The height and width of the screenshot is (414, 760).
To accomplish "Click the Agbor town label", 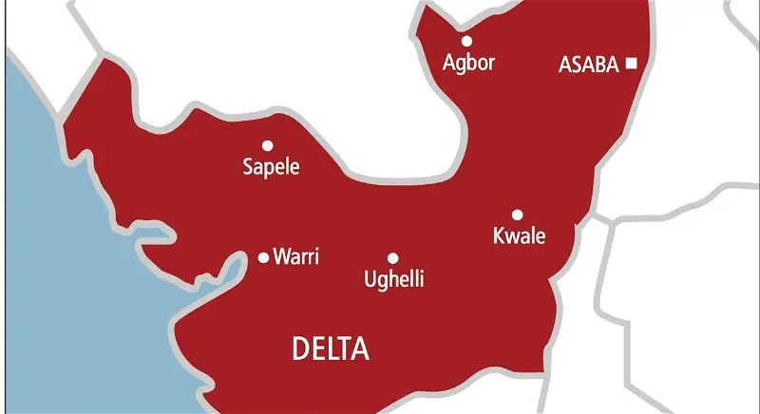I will (469, 64).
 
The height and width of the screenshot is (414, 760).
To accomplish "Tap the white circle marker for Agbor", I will (466, 41).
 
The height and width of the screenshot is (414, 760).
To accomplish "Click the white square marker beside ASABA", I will (631, 65).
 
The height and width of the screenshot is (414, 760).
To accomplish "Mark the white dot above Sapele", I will (267, 145).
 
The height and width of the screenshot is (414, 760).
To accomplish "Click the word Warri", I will (296, 256).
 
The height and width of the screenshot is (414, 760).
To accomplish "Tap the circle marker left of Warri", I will (264, 256).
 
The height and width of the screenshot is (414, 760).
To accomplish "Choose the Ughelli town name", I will (393, 280).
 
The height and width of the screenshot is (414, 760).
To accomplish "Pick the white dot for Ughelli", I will (392, 257).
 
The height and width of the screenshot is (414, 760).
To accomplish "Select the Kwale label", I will (519, 236).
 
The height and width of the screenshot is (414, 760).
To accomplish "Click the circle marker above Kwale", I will (518, 215).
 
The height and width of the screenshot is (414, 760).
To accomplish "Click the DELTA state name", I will (330, 350).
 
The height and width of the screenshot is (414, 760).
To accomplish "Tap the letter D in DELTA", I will (298, 350).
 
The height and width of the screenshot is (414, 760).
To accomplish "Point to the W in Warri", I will (282, 256).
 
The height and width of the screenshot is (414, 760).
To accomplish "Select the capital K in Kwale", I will (498, 236).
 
